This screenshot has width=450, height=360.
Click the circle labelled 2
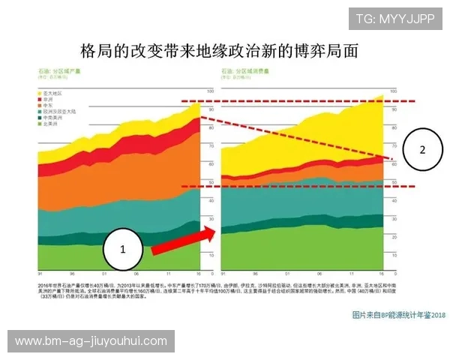tap(421, 149)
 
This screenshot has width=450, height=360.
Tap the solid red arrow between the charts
tap(184, 238)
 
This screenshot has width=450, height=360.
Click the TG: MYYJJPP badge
tap(394, 19)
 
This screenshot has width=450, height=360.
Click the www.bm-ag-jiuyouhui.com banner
tap(91, 341)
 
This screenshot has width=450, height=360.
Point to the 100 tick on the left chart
tap(209, 91)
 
